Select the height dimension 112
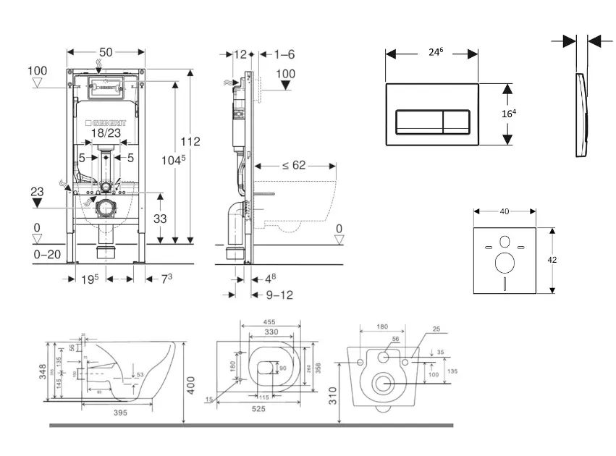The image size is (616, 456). [190, 140]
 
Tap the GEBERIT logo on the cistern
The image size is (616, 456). [108, 122]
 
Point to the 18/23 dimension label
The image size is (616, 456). [106, 133]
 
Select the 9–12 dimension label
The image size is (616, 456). [279, 295]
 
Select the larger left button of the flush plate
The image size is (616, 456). [420, 119]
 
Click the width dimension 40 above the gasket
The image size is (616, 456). [505, 211]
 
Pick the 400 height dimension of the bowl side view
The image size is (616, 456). [191, 384]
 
